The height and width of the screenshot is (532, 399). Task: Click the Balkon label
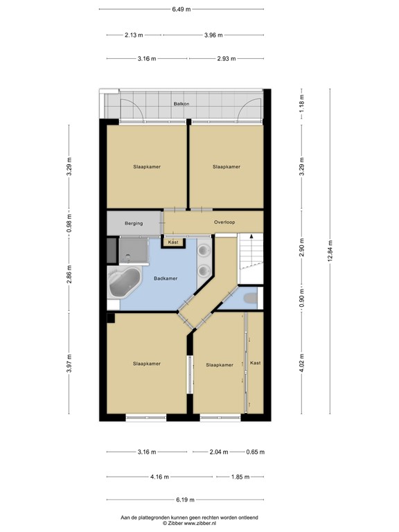click(x=181, y=104)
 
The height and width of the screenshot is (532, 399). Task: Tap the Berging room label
click(x=134, y=223)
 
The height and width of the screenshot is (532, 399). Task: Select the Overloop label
click(x=225, y=223)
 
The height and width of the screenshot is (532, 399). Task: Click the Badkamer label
click(x=166, y=278)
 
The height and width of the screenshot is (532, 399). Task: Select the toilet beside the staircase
click(x=251, y=297)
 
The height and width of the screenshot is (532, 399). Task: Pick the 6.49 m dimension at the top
click(x=181, y=10)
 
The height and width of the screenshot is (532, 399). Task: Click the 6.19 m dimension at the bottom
click(x=184, y=499)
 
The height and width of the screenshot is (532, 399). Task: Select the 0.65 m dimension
click(x=256, y=452)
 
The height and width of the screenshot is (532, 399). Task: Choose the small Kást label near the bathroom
click(x=173, y=242)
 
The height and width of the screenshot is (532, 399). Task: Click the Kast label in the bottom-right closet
click(x=256, y=363)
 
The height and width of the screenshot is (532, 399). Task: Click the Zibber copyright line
click(x=189, y=524)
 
